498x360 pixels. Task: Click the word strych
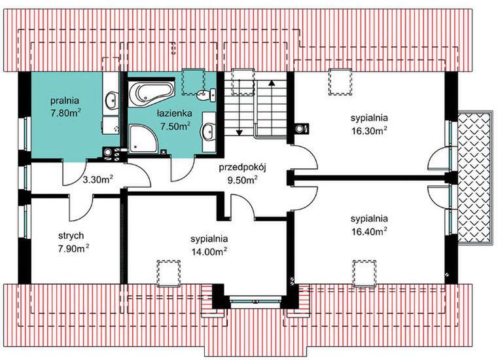coord(71,235)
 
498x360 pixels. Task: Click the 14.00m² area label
coord(209,251)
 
